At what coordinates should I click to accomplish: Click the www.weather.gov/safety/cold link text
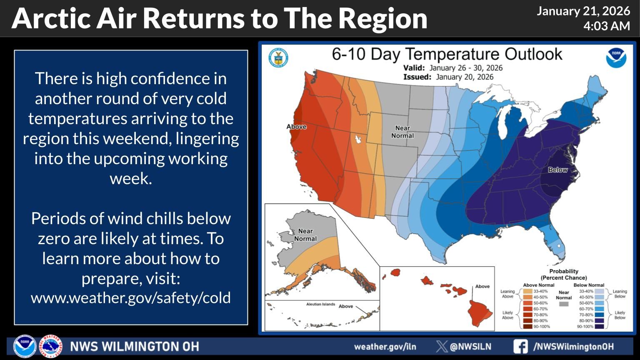(131, 297)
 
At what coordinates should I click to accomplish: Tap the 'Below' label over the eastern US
(557, 170)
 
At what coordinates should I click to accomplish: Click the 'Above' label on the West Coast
(296, 127)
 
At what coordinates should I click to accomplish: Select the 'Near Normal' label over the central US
(402, 132)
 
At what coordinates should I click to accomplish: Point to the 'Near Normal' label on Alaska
(305, 235)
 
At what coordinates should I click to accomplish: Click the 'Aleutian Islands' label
(320, 304)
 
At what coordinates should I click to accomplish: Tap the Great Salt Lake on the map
(357, 139)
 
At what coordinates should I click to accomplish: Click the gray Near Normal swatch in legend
(563, 304)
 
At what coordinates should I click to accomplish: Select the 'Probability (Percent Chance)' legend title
(563, 274)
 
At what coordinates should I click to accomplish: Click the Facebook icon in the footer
(520, 346)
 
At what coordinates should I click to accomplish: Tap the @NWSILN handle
(470, 347)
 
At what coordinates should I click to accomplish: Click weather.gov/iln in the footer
(385, 347)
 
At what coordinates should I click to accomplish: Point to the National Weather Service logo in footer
(50, 346)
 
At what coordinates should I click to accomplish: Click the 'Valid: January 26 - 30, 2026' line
(453, 68)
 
